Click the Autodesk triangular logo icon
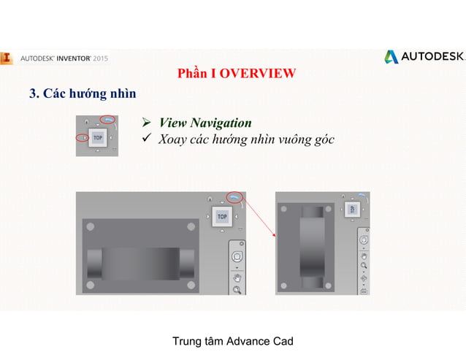[x=391, y=57]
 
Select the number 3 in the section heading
[x=32, y=93]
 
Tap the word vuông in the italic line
[x=280, y=139]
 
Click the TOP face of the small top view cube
[x=97, y=137]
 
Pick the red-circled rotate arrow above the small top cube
[x=109, y=119]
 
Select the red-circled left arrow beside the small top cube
[x=82, y=137]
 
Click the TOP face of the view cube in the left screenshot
[x=222, y=217]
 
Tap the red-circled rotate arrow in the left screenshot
[x=235, y=196]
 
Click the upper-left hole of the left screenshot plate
[x=90, y=227]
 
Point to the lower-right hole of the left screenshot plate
[x=191, y=284]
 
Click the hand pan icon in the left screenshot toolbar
[x=237, y=277]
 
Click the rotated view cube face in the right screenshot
[x=351, y=210]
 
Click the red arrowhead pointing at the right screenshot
[x=273, y=236]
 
